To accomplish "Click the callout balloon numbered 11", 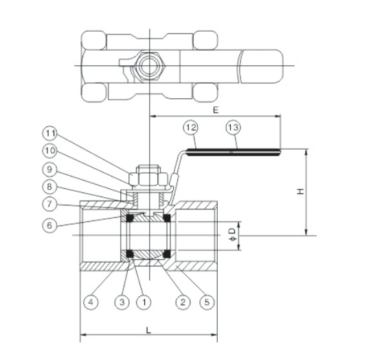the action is [x=49, y=133].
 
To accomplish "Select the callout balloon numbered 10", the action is [x=49, y=150].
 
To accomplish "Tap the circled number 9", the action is [x=49, y=170].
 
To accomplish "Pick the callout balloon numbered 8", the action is [x=49, y=187].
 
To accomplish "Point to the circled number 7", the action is [x=49, y=204].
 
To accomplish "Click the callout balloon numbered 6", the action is [x=49, y=225].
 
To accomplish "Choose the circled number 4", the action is [x=91, y=302].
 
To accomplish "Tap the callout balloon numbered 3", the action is [x=122, y=302].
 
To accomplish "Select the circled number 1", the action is [x=144, y=302].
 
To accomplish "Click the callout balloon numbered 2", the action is [x=183, y=302].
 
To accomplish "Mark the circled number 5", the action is [x=207, y=302].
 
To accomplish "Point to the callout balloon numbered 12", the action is [x=190, y=128].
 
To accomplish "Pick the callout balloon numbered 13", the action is [x=234, y=128].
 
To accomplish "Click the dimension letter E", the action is [x=216, y=110].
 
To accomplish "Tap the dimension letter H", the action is [x=300, y=192].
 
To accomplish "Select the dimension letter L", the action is [x=148, y=330].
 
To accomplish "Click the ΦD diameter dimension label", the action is [x=232, y=235].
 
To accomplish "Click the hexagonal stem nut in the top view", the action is [x=150, y=65].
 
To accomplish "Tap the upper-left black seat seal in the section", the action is [x=130, y=218].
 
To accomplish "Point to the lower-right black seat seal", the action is [x=167, y=254].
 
